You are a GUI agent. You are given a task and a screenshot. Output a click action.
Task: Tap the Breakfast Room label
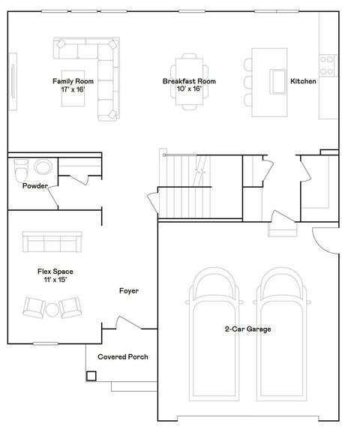189,84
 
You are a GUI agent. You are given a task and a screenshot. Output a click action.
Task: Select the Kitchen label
303,81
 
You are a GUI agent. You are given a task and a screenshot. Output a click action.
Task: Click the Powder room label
35,185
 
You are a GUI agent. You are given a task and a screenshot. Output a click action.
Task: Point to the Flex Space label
55,275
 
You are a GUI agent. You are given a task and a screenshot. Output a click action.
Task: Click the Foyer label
129,290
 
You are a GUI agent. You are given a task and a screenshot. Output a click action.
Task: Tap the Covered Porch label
123,356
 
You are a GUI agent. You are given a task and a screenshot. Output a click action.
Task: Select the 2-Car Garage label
247,329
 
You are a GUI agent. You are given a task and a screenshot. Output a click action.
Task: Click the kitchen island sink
279,81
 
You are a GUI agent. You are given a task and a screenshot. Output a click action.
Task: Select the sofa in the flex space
52,242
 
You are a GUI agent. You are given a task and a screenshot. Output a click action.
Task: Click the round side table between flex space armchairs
52,308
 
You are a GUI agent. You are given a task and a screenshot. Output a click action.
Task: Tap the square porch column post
91,375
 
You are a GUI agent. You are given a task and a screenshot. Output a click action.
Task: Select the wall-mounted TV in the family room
13,79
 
